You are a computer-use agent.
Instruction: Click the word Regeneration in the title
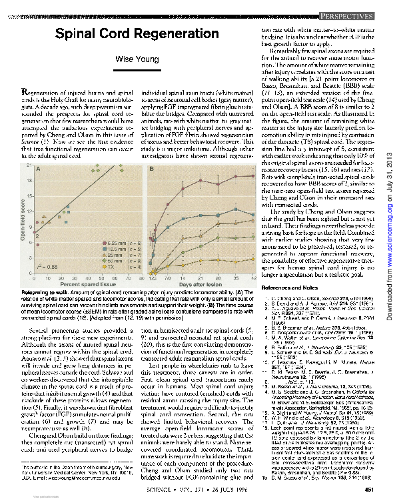coord(177,34)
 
